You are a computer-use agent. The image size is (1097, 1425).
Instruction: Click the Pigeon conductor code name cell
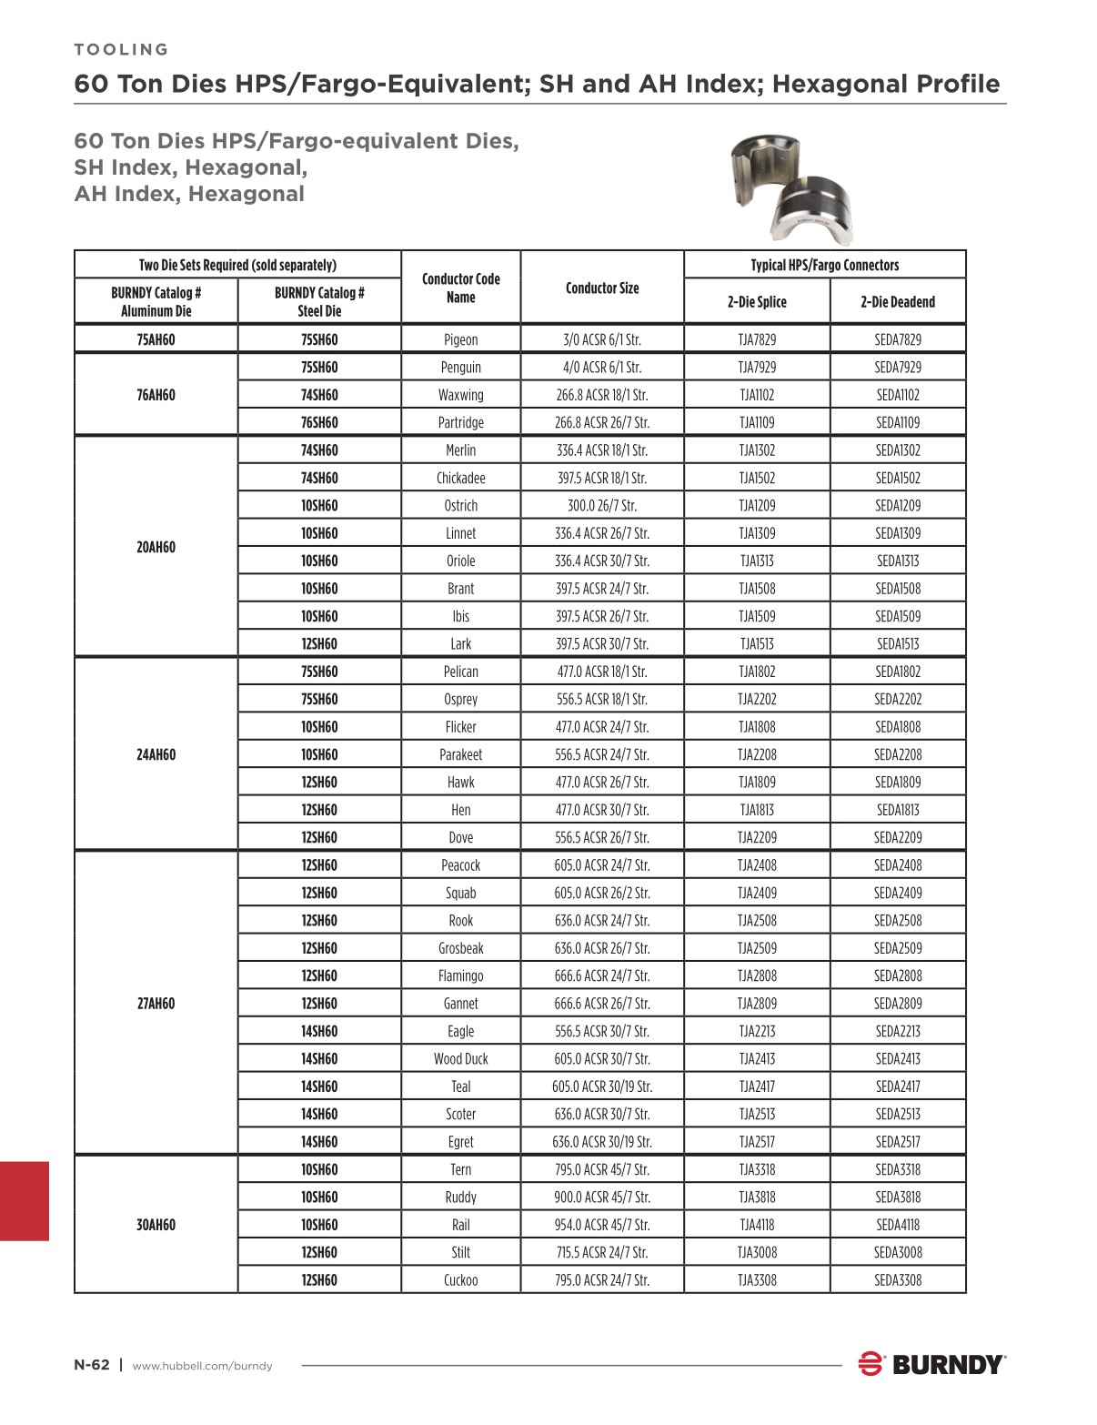pyautogui.click(x=460, y=339)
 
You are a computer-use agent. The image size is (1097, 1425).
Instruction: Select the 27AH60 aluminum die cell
pyautogui.click(x=156, y=1004)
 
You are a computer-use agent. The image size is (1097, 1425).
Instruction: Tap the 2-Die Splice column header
pyautogui.click(x=757, y=301)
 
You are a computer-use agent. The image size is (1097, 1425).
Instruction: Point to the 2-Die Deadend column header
pyautogui.click(x=898, y=301)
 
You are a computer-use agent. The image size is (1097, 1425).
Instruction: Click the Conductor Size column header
pyautogui.click(x=602, y=288)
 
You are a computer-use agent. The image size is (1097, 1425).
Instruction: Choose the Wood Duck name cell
pyautogui.click(x=460, y=1059)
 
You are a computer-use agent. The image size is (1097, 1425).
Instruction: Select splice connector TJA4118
pyautogui.click(x=757, y=1225)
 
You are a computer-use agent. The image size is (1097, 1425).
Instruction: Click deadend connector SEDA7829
pyautogui.click(x=898, y=339)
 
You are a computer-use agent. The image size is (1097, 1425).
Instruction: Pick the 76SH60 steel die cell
pyautogui.click(x=319, y=422)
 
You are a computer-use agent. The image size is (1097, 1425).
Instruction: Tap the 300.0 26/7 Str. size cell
pyautogui.click(x=602, y=505)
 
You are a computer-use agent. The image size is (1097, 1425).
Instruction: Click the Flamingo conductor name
pyautogui.click(x=460, y=976)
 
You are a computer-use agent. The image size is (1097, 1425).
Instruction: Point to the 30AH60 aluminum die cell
pyautogui.click(x=156, y=1225)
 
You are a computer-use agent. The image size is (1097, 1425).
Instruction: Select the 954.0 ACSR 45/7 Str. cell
pyautogui.click(x=602, y=1225)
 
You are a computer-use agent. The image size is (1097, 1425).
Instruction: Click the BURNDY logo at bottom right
pyautogui.click(x=931, y=1364)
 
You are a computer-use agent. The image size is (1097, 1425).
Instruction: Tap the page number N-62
pyautogui.click(x=92, y=1365)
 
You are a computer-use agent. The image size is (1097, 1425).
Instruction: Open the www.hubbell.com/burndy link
pyautogui.click(x=203, y=1366)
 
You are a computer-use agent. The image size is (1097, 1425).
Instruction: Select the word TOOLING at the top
pyautogui.click(x=121, y=49)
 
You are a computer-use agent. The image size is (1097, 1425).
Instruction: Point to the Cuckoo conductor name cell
pyautogui.click(x=460, y=1280)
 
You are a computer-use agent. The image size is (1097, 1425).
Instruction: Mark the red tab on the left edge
pyautogui.click(x=24, y=1200)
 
